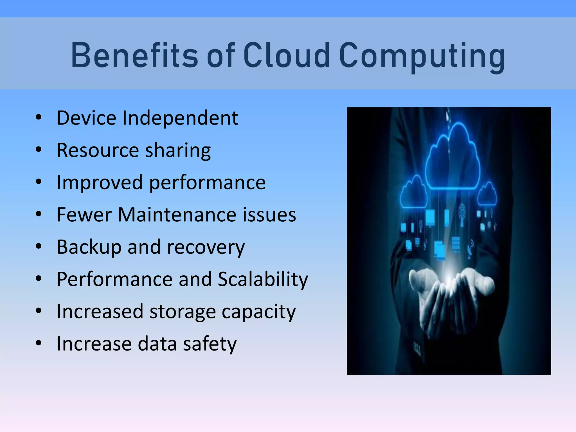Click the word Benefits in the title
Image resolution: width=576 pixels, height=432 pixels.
click(x=135, y=55)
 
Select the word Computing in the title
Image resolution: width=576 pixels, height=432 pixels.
click(x=422, y=56)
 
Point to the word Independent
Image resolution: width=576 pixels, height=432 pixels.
click(x=180, y=118)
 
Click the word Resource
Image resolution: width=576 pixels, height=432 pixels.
click(x=98, y=150)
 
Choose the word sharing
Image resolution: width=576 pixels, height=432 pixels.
click(x=178, y=151)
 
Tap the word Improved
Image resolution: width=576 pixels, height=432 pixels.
click(x=100, y=183)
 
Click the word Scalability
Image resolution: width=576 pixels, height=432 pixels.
click(x=263, y=280)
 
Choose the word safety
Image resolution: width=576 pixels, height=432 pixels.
click(x=210, y=344)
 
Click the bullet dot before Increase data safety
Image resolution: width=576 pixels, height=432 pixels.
click(x=39, y=343)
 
